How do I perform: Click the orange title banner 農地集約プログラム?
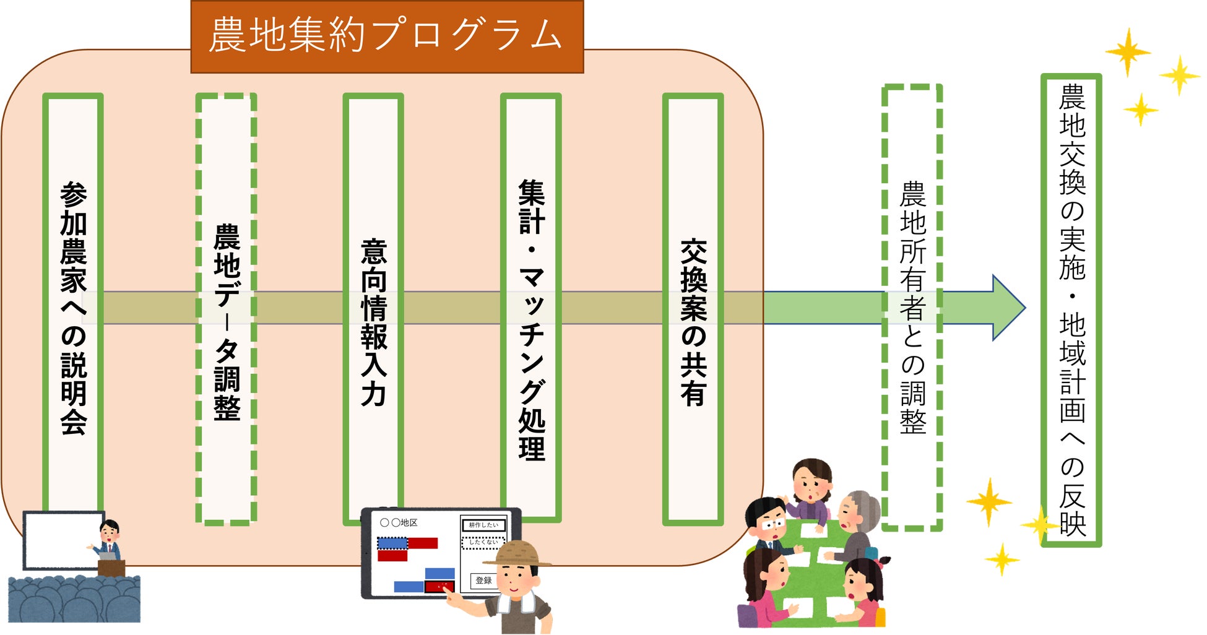[387, 36]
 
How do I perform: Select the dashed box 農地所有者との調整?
[912, 308]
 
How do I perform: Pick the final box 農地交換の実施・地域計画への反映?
[1071, 309]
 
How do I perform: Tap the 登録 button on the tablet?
[483, 581]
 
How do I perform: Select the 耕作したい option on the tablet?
[483, 525]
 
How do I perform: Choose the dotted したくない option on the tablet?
[483, 542]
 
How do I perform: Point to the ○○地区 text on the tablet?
[399, 523]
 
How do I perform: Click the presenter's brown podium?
[111, 567]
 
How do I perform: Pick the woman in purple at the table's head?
[812, 489]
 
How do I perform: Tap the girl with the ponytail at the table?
[863, 588]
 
